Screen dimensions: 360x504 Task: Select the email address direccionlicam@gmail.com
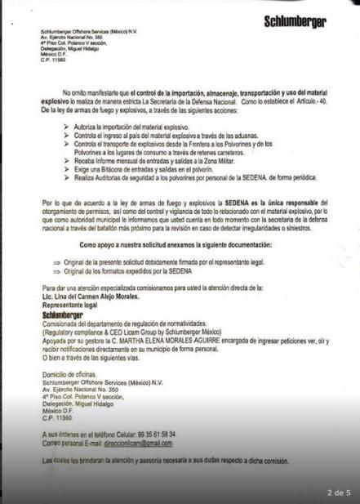click(x=142, y=443)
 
